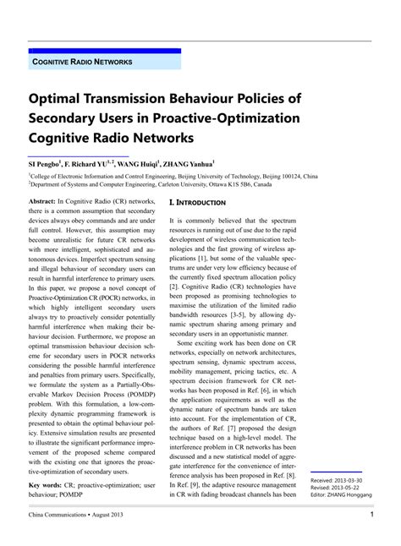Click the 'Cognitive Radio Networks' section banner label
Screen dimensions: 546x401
[82, 63]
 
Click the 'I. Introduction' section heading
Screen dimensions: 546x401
[197, 203]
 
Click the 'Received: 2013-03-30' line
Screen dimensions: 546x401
[341, 479]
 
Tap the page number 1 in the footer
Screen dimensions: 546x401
[371, 515]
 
